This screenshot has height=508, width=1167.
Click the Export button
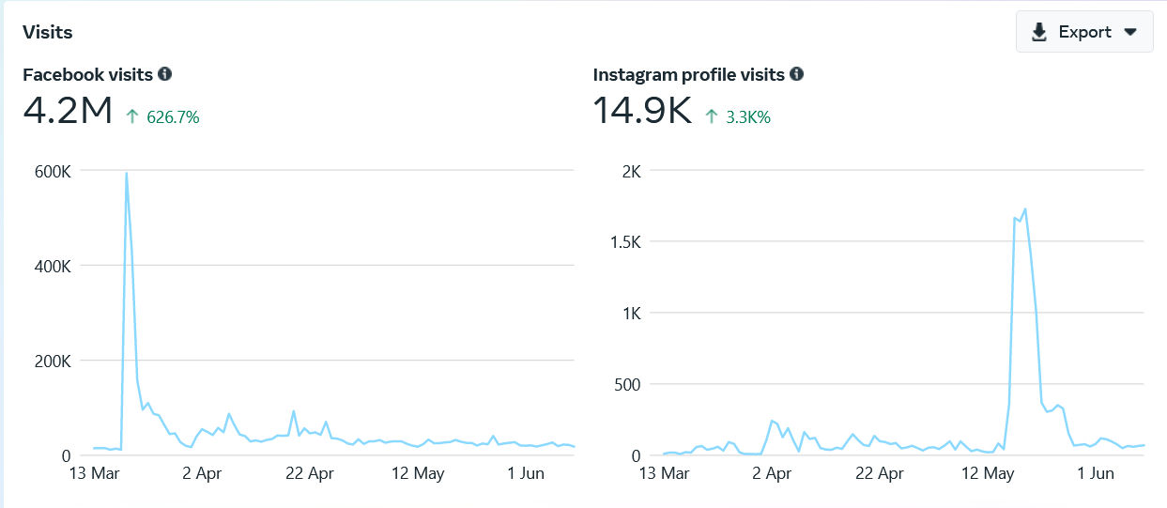point(1083,32)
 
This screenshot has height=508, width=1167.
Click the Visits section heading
point(48,32)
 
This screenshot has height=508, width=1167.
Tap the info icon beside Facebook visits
point(165,74)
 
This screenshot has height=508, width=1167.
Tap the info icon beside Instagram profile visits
point(797,74)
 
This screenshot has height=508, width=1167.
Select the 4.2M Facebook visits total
point(68,112)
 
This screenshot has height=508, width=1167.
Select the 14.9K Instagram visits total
point(642,112)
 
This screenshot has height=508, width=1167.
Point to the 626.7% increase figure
point(173,117)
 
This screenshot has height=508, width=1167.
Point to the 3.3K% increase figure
point(748,117)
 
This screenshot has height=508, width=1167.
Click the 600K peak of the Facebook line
point(126,173)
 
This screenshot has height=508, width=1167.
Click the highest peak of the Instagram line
point(1025,208)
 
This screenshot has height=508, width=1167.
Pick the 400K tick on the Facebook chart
point(52,266)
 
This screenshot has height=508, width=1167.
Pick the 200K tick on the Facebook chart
point(52,361)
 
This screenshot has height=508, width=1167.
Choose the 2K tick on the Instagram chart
point(631,171)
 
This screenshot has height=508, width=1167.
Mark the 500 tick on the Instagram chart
point(626,384)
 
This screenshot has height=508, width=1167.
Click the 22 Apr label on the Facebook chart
point(309,473)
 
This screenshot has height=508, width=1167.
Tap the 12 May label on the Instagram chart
point(990,473)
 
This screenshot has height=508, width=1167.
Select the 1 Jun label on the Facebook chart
point(526,473)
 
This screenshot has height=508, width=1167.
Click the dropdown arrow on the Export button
point(1131,32)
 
